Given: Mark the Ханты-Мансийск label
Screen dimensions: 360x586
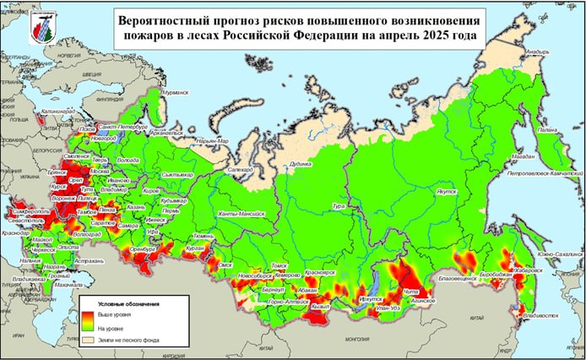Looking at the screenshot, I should pos(242,214).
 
